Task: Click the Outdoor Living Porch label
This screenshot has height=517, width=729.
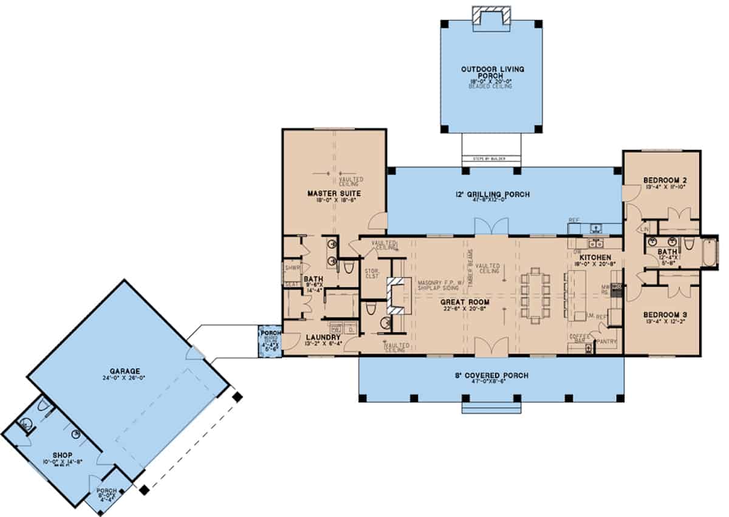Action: (491, 72)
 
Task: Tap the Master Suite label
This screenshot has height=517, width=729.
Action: (334, 193)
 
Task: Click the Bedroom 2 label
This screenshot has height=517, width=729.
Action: (662, 180)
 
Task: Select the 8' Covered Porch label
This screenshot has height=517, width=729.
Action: (491, 375)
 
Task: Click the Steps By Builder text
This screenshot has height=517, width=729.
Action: (491, 160)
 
